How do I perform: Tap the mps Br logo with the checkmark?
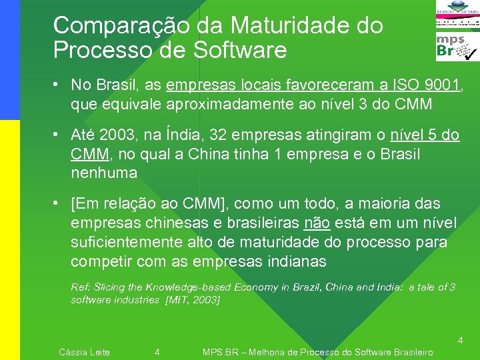(457, 47)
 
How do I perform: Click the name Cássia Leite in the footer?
(85, 352)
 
